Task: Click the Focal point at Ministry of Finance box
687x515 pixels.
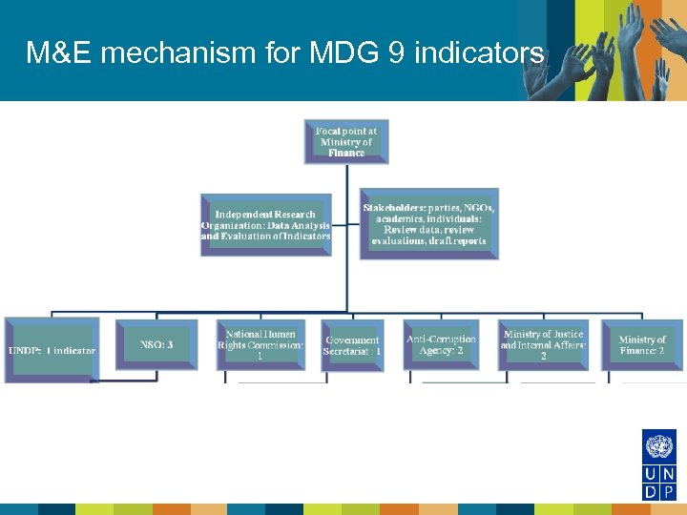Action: (346, 141)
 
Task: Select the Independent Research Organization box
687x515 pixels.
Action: (266, 225)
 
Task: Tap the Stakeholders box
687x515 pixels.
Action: (428, 224)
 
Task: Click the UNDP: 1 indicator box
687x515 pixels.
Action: (52, 350)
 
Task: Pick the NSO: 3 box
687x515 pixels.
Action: (156, 344)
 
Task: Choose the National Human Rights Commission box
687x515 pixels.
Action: (260, 345)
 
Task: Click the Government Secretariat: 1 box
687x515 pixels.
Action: (352, 345)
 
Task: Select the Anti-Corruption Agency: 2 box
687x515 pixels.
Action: (441, 345)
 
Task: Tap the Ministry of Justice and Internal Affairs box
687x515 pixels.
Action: (543, 344)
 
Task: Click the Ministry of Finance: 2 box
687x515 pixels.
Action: (641, 345)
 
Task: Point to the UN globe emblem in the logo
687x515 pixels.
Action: (658, 446)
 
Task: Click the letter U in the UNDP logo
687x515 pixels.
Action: (650, 475)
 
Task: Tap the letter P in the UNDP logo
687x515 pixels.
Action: (668, 492)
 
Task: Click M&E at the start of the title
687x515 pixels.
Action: (58, 53)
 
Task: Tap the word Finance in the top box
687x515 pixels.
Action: (346, 153)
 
